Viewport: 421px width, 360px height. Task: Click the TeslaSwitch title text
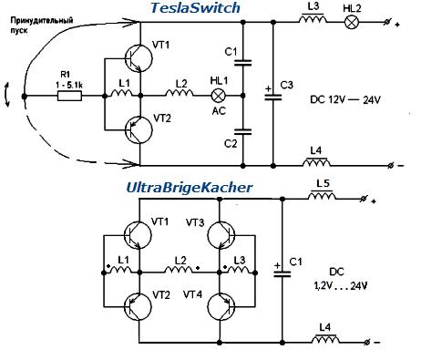click(x=195, y=8)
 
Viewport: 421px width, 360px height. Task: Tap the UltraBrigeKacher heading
click(x=189, y=188)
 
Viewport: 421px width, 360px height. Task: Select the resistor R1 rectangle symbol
click(x=69, y=96)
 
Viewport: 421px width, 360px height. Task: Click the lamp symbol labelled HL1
click(x=218, y=96)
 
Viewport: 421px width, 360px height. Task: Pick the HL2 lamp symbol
click(x=352, y=23)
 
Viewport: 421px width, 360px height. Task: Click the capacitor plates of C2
click(x=242, y=131)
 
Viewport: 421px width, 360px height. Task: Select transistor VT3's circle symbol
click(x=221, y=235)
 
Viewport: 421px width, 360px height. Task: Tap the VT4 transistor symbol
click(x=221, y=306)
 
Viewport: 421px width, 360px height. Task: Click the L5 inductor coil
click(x=322, y=196)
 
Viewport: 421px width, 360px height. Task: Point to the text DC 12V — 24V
click(x=345, y=99)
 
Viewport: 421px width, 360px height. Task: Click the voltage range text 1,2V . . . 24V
click(x=341, y=286)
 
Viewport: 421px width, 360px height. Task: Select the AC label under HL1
click(x=219, y=111)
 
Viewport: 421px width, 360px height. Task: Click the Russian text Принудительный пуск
click(x=42, y=26)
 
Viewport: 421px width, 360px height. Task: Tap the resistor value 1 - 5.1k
click(x=69, y=86)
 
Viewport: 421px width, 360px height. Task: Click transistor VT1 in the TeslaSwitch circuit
click(x=139, y=58)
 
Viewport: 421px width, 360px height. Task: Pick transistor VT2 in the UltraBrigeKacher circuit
click(x=138, y=306)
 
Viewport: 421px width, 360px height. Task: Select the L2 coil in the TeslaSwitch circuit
click(x=180, y=93)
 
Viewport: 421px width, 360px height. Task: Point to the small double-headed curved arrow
click(x=7, y=95)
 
